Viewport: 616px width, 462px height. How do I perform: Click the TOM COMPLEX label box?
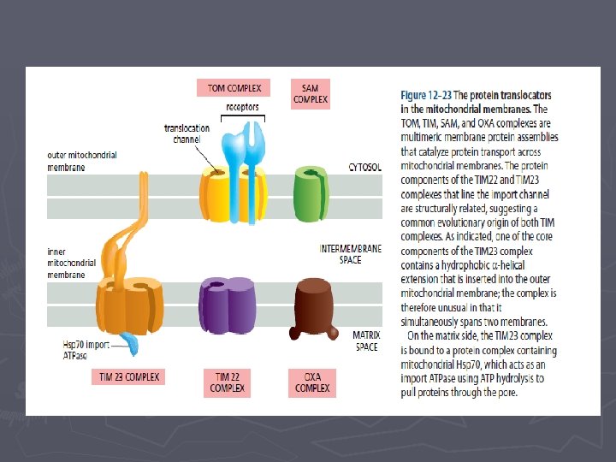234,88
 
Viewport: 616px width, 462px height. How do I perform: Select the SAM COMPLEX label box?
311,93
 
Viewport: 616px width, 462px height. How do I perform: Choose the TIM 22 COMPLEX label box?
228,382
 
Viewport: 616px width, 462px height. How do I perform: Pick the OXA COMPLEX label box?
312,382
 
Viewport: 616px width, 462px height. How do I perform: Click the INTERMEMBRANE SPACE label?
351,254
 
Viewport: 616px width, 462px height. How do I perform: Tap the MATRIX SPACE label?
367,341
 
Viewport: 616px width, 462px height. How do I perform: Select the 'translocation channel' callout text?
187,133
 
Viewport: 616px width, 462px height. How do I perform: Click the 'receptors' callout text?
242,108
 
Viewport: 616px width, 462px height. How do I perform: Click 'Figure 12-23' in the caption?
425,95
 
